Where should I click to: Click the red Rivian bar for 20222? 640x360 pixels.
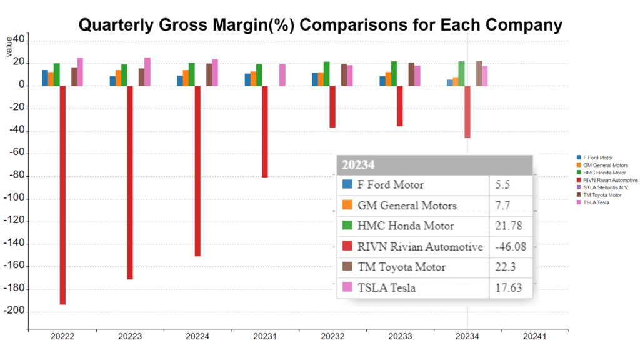point(62,194)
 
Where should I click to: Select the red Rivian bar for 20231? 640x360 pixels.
point(265,131)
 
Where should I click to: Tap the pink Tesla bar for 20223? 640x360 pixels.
point(147,71)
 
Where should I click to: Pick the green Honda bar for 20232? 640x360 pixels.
point(326,73)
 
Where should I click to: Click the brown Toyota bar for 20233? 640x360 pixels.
point(411,74)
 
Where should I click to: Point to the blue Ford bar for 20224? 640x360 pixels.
point(180,81)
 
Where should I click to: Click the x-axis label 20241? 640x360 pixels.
point(534,337)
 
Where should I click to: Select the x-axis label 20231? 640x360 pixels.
point(264,337)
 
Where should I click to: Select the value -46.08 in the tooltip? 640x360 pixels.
point(511,247)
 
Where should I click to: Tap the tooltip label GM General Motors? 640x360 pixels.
point(406,206)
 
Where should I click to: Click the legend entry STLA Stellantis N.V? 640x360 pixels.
point(605,187)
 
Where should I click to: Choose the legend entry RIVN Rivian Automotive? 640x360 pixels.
point(609,180)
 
